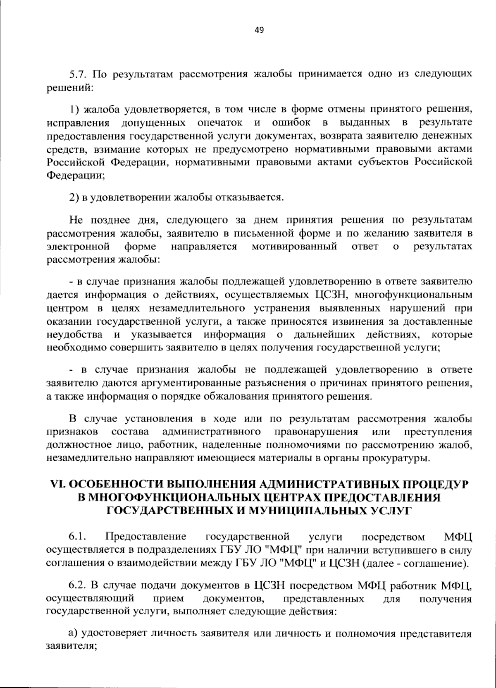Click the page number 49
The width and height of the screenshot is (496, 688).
tap(260, 30)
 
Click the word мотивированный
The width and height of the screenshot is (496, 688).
tap(294, 247)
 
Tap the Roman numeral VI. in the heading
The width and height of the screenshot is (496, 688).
tap(57, 484)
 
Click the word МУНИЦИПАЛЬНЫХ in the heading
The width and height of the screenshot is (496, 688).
tap(297, 511)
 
